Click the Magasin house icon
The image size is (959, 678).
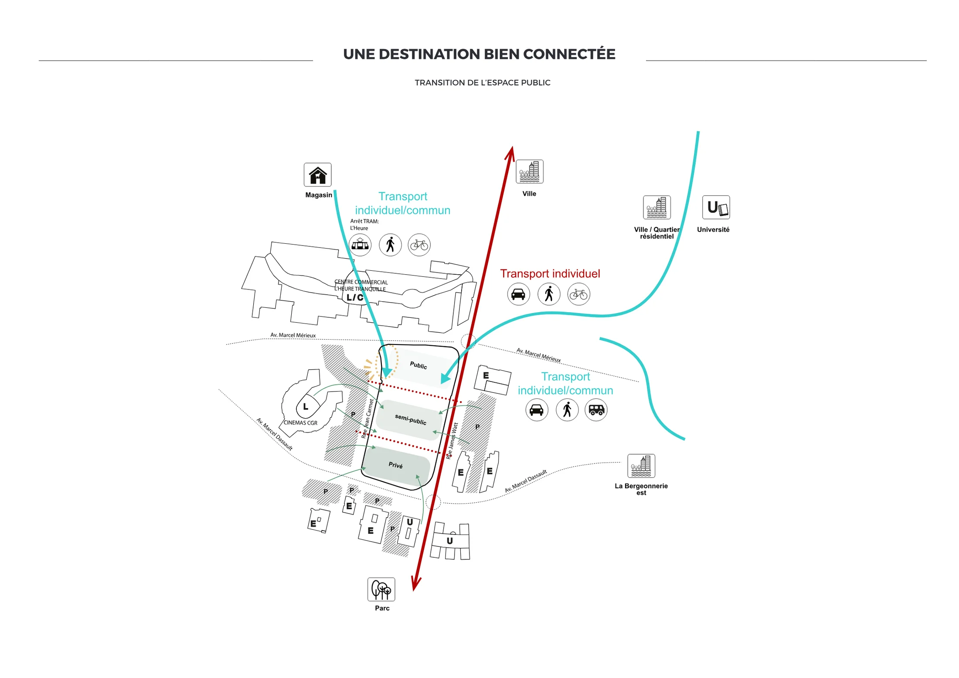pyautogui.click(x=317, y=175)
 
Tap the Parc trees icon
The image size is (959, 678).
pyautogui.click(x=381, y=589)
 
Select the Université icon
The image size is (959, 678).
pyautogui.click(x=716, y=208)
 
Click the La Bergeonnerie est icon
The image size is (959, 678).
pyautogui.click(x=641, y=466)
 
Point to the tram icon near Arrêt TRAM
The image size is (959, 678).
pyautogui.click(x=360, y=245)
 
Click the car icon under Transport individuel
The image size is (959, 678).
pyautogui.click(x=518, y=294)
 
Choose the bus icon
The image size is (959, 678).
pyautogui.click(x=596, y=410)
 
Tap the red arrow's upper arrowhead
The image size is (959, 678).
pyautogui.click(x=510, y=153)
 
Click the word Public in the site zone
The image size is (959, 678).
pyautogui.click(x=418, y=365)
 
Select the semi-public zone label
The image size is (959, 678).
pyautogui.click(x=411, y=419)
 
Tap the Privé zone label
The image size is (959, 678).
pyautogui.click(x=395, y=465)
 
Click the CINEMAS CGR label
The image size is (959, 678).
pyautogui.click(x=300, y=423)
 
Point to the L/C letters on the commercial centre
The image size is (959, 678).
pyautogui.click(x=355, y=298)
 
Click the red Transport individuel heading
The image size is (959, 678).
pyautogui.click(x=550, y=273)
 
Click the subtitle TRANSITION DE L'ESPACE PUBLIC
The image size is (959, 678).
pyautogui.click(x=483, y=83)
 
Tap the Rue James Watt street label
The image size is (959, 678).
pyautogui.click(x=452, y=440)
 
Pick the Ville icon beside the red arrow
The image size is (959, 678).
pyautogui.click(x=529, y=172)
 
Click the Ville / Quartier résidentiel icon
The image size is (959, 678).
pyautogui.click(x=656, y=208)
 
